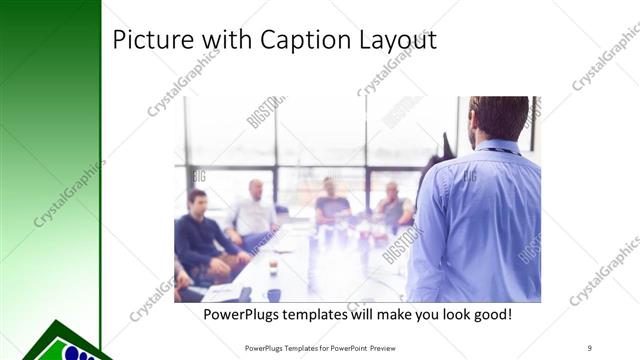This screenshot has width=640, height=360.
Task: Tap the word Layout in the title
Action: pos(394,40)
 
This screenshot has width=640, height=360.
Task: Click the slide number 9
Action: pos(590,347)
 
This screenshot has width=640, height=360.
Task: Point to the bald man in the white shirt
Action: pos(254,212)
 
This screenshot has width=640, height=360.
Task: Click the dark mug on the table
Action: pos(273,294)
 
